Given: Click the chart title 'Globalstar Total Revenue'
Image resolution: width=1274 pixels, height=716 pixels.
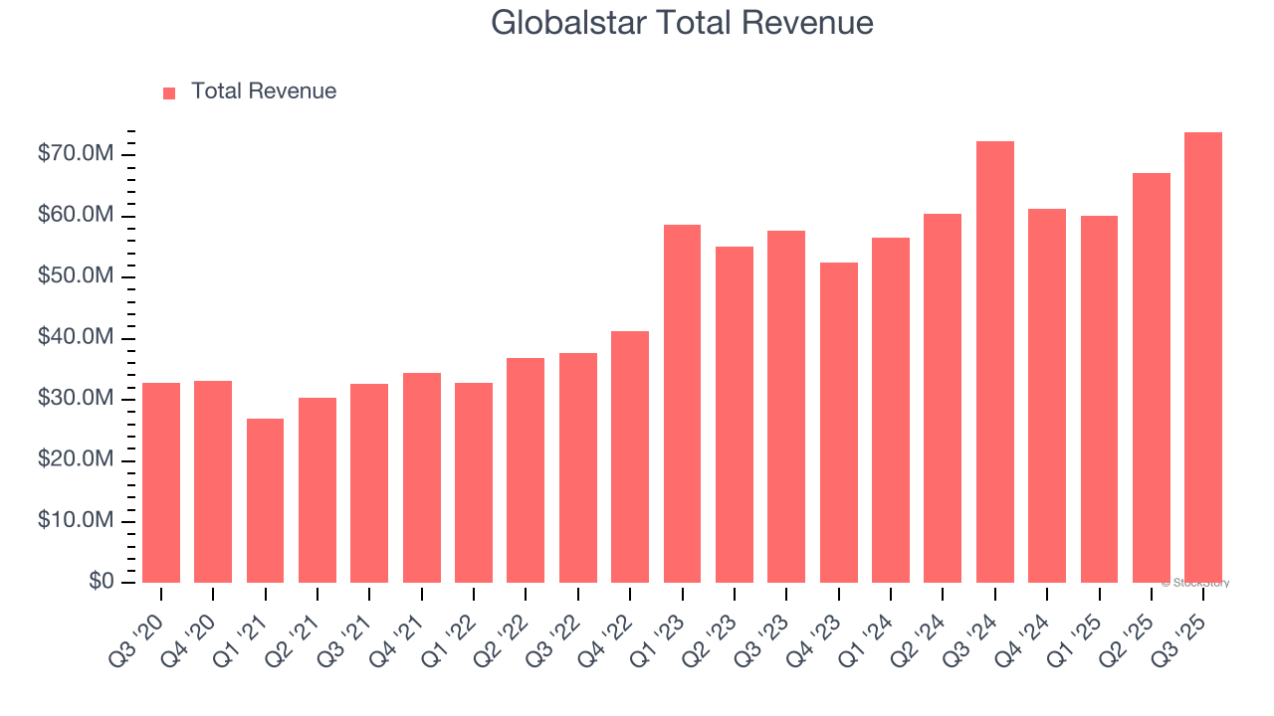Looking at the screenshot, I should (x=682, y=23).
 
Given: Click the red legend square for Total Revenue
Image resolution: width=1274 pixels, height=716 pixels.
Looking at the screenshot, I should (x=169, y=92).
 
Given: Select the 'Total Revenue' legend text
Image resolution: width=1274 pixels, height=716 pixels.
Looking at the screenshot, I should (x=264, y=91).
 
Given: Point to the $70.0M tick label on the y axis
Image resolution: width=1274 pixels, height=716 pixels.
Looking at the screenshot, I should (x=75, y=154).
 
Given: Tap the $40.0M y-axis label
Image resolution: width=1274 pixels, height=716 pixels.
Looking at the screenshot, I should (x=75, y=338).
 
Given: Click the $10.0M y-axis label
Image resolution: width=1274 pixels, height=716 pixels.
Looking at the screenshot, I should (x=75, y=521).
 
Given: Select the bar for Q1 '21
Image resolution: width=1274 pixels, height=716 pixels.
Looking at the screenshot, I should (x=265, y=500).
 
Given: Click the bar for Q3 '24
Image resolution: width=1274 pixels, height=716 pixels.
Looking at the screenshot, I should (x=994, y=362).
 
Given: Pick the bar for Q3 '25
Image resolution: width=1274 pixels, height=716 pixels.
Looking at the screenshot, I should (x=1202, y=357).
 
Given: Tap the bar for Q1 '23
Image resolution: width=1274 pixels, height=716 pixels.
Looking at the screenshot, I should (x=682, y=404).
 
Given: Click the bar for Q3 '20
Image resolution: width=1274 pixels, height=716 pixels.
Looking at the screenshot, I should (x=161, y=482).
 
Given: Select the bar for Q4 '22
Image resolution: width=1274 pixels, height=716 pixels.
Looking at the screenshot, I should (x=630, y=456).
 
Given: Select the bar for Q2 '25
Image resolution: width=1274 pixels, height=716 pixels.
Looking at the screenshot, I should (x=1151, y=378).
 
